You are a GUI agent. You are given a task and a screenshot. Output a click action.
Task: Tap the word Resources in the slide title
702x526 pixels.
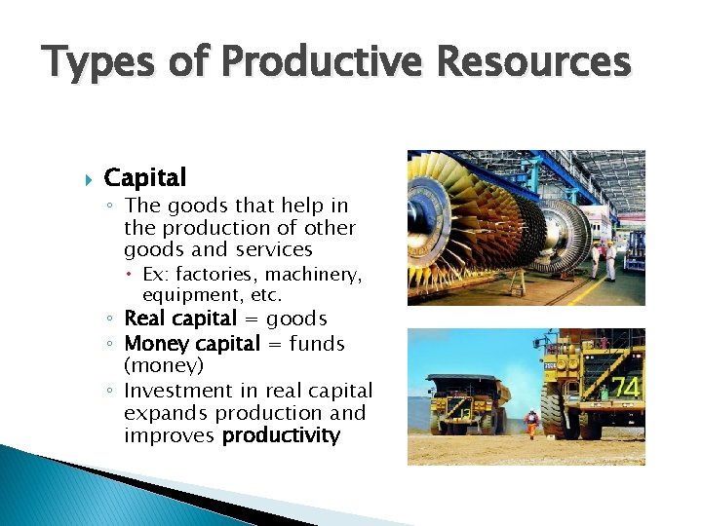(x=534, y=63)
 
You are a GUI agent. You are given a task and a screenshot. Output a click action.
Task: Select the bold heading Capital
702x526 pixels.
(x=144, y=177)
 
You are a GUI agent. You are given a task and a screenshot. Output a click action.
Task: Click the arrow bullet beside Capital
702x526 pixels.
(x=82, y=178)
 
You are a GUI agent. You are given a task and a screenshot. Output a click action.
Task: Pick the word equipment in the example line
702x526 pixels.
(x=186, y=295)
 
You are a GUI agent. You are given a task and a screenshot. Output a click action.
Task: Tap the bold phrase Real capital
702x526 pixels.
(x=180, y=319)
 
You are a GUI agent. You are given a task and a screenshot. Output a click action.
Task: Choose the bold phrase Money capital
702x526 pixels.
(x=192, y=343)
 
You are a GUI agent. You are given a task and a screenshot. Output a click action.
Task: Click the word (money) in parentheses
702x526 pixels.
(x=164, y=365)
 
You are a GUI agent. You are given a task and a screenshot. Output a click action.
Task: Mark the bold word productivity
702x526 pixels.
(x=281, y=435)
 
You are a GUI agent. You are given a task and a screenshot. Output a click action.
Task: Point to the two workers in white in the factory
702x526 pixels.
(x=603, y=257)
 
